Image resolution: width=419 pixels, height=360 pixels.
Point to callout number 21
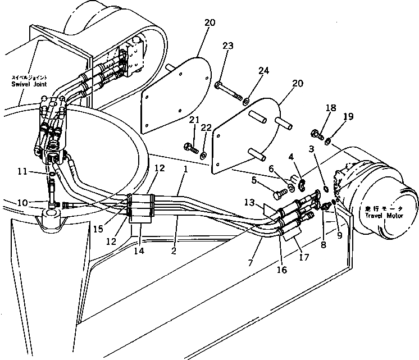[x=194, y=120]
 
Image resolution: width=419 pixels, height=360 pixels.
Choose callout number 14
[x=139, y=251]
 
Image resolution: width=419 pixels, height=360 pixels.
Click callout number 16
[x=281, y=270]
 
